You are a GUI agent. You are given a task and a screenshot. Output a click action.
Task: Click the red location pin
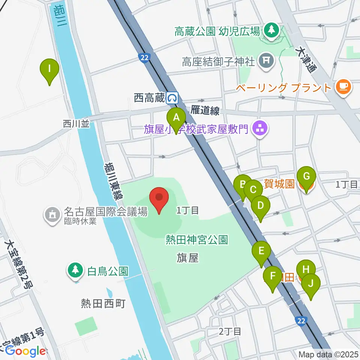coord(159,198)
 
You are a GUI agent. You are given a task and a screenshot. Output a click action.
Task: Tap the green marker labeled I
coord(49,69)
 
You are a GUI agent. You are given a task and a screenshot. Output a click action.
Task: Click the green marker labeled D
coord(260,206)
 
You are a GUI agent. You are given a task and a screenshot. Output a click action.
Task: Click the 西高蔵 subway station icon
coord(173,98)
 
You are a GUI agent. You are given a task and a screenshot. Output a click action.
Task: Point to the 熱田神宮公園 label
coord(196,240)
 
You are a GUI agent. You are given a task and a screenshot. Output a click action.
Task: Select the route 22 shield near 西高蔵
coord(144,57)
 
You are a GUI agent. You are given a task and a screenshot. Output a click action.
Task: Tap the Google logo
coord(25,351)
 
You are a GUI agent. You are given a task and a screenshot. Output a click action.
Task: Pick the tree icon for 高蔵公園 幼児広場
coord(271,30)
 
